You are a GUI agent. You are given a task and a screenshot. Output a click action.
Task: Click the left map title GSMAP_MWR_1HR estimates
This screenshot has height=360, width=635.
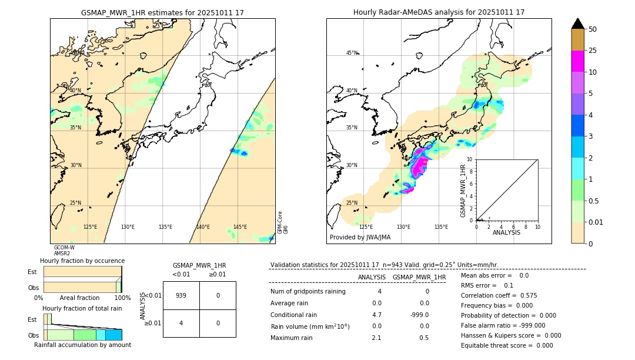[x=162, y=12]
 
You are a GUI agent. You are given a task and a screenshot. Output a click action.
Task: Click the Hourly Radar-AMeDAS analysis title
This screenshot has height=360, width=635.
[x=439, y=12]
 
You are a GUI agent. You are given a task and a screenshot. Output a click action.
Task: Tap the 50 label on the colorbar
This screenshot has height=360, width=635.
[x=593, y=29]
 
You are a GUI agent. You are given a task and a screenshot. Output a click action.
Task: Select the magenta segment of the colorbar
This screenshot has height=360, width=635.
[x=577, y=61]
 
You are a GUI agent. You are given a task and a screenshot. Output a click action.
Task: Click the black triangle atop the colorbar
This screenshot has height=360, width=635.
[x=577, y=24]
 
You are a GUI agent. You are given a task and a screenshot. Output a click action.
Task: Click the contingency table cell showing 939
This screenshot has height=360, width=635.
[x=181, y=295]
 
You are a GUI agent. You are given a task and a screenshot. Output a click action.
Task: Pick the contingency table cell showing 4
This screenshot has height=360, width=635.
[x=181, y=323]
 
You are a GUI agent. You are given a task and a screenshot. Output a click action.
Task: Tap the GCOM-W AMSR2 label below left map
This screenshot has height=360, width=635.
[x=64, y=251]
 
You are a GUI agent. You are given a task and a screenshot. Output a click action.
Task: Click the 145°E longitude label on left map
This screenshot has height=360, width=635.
[x=240, y=227]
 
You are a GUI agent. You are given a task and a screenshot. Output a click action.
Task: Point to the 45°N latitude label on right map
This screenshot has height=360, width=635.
[x=352, y=53]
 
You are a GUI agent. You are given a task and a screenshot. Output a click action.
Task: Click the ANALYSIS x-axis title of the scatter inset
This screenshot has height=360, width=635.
[x=506, y=232]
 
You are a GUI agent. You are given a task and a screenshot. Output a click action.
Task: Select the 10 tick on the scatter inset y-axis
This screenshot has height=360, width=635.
[x=470, y=159]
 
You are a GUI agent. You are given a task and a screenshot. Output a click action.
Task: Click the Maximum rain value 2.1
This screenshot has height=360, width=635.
[x=376, y=338]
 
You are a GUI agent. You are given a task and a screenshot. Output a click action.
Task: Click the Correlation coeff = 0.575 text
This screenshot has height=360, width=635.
[x=499, y=295]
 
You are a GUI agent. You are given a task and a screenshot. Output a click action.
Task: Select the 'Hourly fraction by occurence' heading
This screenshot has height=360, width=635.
[x=82, y=261]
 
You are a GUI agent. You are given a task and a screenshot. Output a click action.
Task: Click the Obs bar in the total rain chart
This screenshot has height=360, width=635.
[x=82, y=335]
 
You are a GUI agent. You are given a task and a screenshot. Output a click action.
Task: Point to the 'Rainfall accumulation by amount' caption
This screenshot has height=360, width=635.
[x=82, y=345]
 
